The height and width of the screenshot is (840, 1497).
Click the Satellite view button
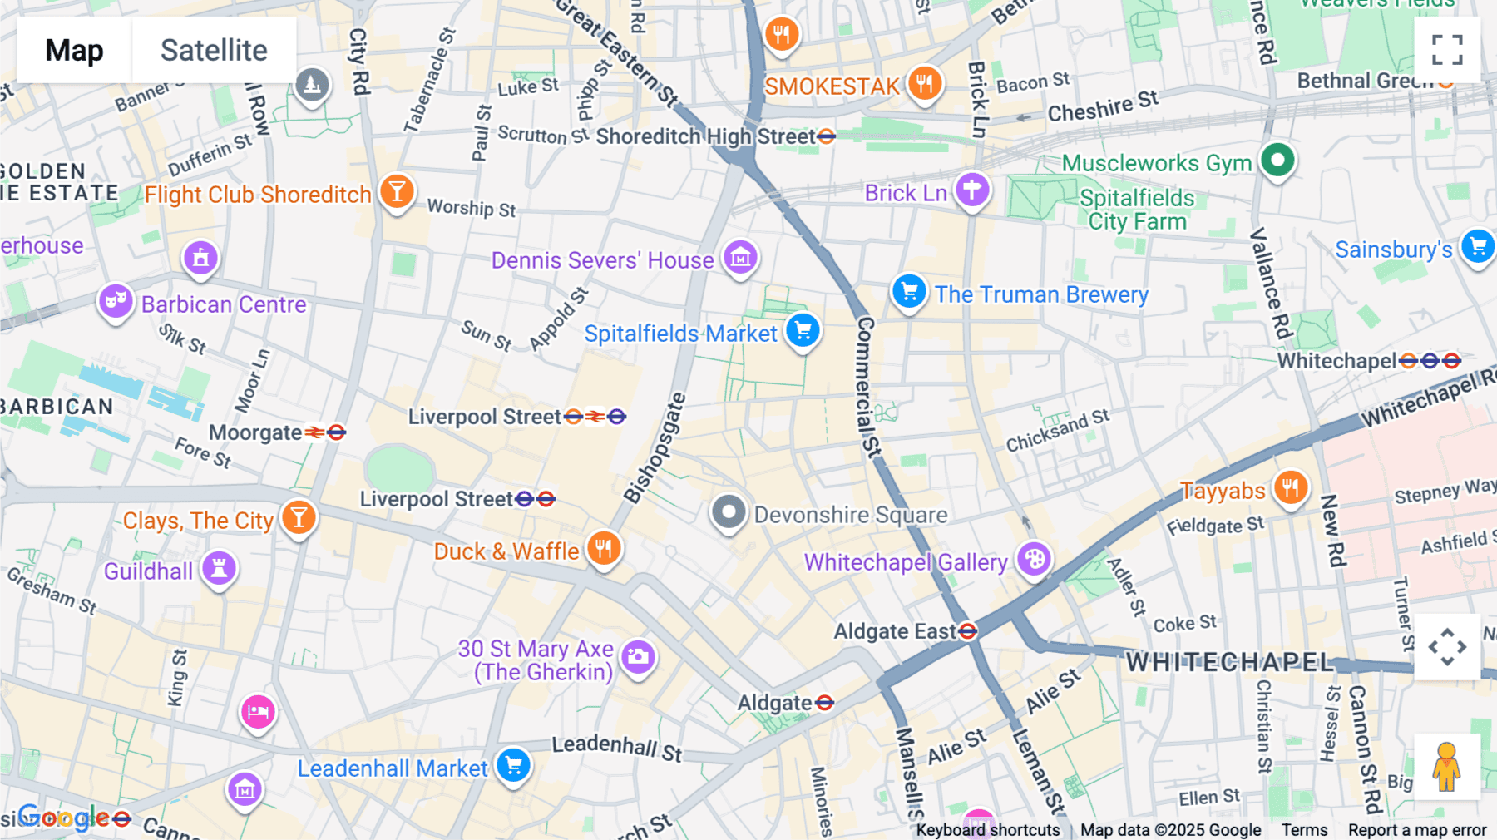pos(214,50)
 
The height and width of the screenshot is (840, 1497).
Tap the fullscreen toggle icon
pos(1447,50)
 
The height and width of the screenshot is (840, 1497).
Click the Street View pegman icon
pos(1447,766)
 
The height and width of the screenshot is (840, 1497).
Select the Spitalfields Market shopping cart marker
pos(803,331)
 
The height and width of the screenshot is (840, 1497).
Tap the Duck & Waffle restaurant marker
pos(604,549)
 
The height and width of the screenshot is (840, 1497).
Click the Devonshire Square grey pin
pos(729,512)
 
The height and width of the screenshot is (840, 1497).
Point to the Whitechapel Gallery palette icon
pos(1034,560)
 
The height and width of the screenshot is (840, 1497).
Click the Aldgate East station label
pos(895,631)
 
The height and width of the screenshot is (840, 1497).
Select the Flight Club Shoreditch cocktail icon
pos(397,192)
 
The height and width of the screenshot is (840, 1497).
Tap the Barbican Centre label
pos(224,304)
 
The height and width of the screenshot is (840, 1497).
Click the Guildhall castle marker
pos(220,569)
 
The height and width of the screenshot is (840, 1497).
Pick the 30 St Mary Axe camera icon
pos(638,657)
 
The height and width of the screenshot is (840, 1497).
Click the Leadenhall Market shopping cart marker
pos(513,765)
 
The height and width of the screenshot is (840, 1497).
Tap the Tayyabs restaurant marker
pos(1290,487)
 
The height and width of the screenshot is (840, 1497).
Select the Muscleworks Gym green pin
pos(1277,159)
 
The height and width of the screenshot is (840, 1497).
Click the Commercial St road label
pos(867,387)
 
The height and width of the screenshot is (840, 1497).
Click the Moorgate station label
pos(255,432)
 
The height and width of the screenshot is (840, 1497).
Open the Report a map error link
pos(1416,829)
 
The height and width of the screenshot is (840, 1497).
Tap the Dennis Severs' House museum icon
pos(740,258)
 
